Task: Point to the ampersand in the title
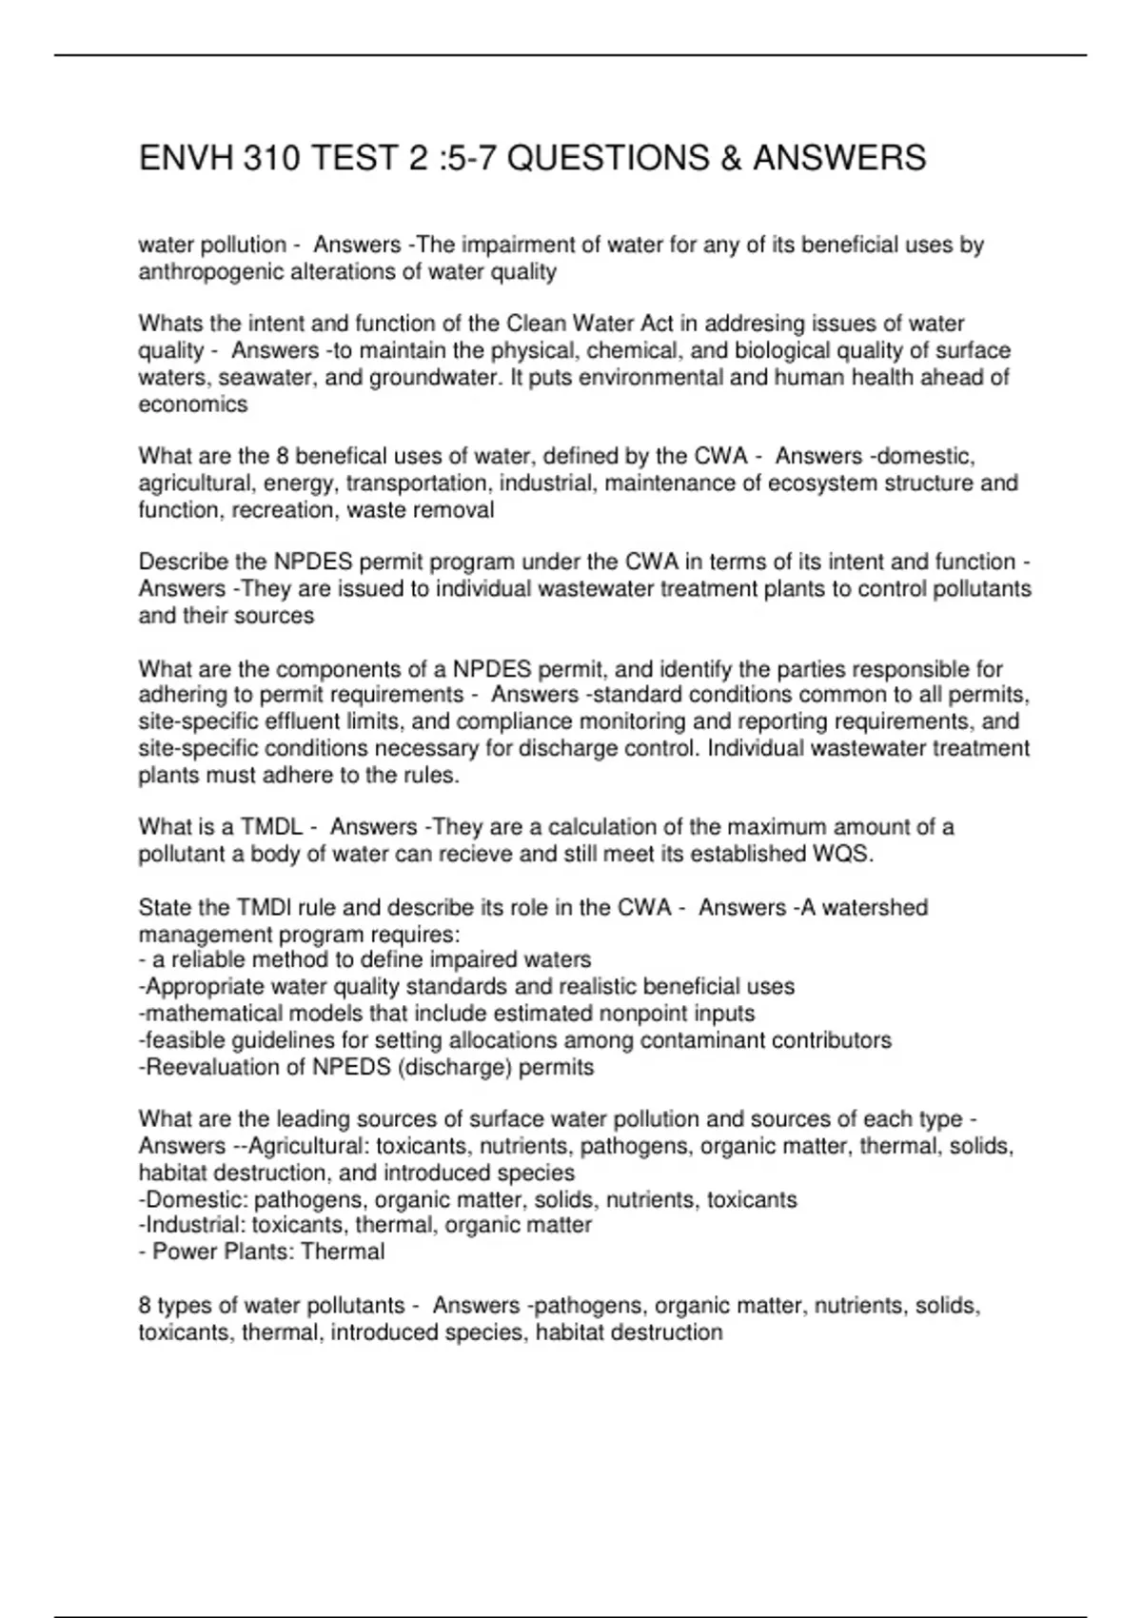(731, 158)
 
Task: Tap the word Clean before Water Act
(536, 324)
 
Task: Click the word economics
(192, 404)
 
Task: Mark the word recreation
(268, 510)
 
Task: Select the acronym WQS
(840, 854)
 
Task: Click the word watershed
(875, 908)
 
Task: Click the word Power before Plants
(185, 1252)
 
